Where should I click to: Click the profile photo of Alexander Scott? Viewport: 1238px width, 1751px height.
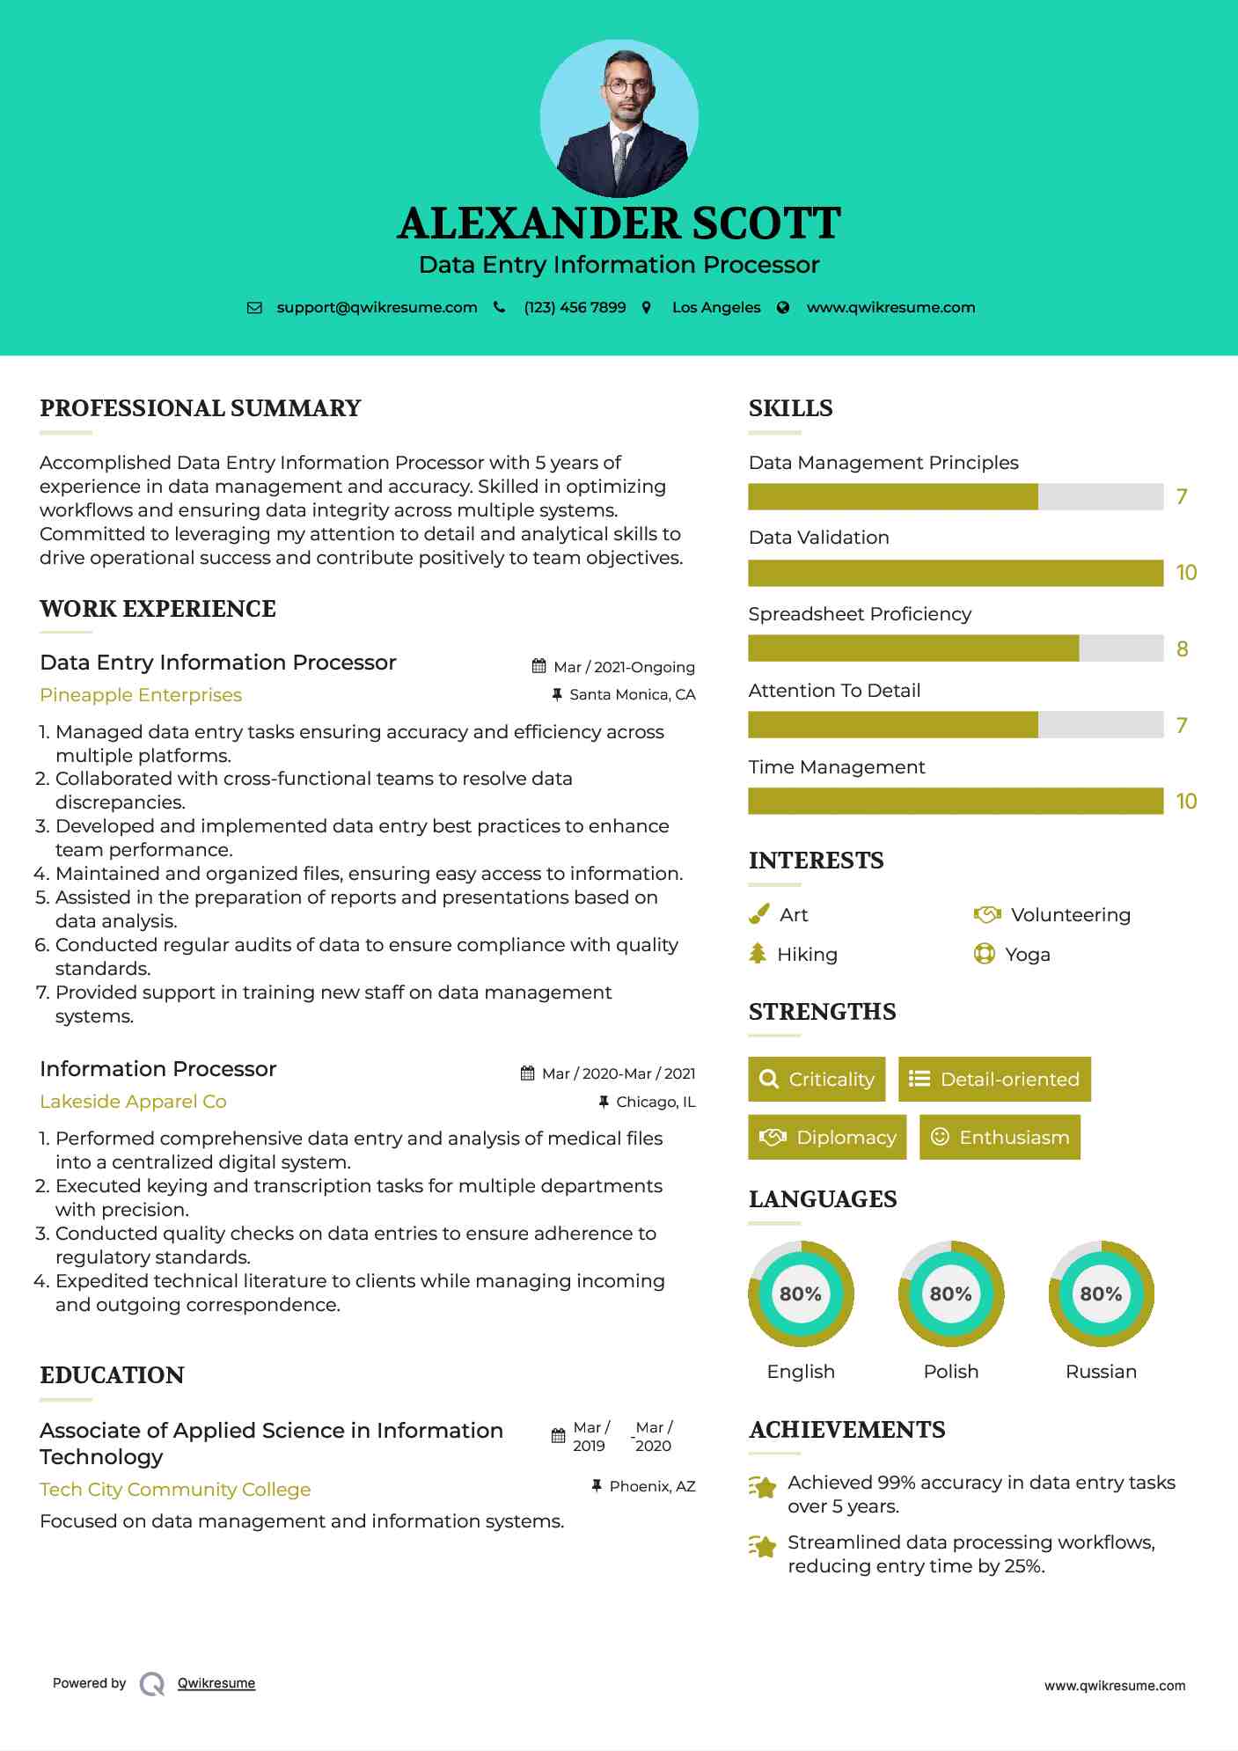pos(619,118)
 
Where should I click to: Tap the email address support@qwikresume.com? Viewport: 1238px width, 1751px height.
pos(377,308)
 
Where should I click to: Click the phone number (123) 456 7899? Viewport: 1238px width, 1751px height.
pos(575,308)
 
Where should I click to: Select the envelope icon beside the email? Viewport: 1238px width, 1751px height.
pos(254,308)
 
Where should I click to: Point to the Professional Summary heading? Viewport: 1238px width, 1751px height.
pos(201,408)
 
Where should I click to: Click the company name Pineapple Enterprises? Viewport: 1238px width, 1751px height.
pos(141,695)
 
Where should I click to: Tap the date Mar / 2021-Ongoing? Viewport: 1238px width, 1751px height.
pos(624,667)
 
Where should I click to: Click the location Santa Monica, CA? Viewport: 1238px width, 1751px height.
pos(632,695)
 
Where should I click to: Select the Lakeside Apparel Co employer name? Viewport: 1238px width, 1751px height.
pos(133,1102)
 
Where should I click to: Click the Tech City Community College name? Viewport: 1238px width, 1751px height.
pos(175,1490)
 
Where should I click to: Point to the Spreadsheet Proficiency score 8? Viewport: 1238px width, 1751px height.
pos(1182,649)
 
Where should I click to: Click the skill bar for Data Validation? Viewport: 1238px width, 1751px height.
pos(956,573)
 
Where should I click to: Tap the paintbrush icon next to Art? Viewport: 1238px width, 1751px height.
pos(758,915)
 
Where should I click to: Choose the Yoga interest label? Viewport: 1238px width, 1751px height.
pos(1028,955)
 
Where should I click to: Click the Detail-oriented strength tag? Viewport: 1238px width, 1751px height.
pos(994,1080)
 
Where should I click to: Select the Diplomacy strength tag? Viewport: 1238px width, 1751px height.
pos(827,1138)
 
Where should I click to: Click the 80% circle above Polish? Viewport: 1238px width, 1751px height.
pos(951,1294)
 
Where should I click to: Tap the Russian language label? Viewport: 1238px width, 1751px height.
pos(1101,1372)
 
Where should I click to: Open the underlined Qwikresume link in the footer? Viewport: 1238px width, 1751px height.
pos(216,1683)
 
